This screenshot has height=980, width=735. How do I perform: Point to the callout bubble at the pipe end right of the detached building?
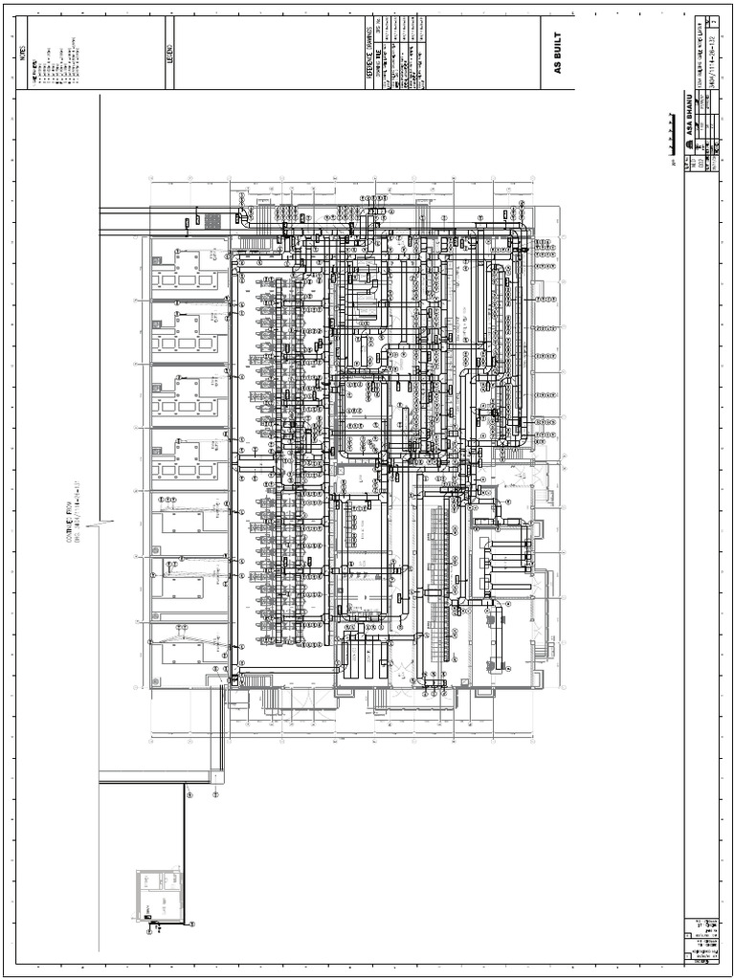click(x=191, y=924)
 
